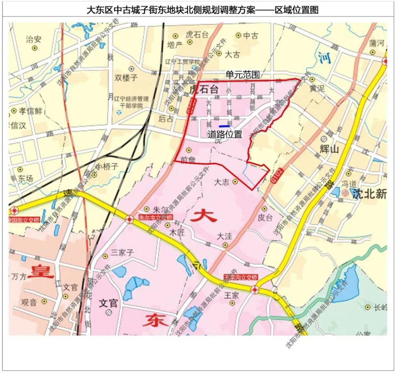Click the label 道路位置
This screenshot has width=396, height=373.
(x=225, y=135)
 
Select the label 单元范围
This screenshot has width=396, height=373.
(x=242, y=75)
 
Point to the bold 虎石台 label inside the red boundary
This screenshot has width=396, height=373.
(x=204, y=88)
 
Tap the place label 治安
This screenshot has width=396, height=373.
(x=34, y=39)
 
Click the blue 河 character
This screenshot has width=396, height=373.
(x=324, y=58)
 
